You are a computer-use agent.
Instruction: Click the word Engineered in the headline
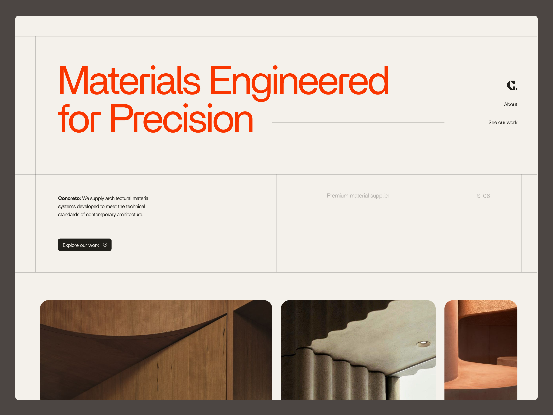click(299, 81)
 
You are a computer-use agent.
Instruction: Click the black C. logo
click(511, 85)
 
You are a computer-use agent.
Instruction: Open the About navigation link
click(510, 104)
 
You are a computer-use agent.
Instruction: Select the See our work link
click(503, 123)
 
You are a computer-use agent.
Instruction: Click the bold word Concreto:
click(69, 198)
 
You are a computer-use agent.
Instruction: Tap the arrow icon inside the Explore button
click(105, 245)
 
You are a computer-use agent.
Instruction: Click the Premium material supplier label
click(358, 196)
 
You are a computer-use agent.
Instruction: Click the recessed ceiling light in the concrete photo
click(423, 343)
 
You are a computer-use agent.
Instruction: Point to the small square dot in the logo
click(517, 89)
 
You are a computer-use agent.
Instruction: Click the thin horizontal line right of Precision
click(358, 122)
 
